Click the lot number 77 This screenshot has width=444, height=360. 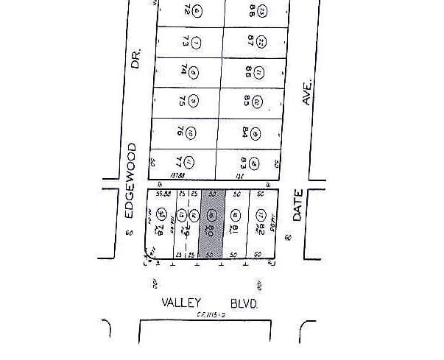coord(178,160)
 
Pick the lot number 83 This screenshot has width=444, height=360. coord(244,161)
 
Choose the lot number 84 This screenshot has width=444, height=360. coord(244,132)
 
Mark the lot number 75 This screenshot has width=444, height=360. coord(180,102)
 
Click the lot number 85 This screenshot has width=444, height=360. coord(245,102)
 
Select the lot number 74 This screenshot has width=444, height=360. coord(182,71)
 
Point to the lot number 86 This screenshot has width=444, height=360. coord(247,71)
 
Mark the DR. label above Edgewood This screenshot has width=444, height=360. coord(135,60)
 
